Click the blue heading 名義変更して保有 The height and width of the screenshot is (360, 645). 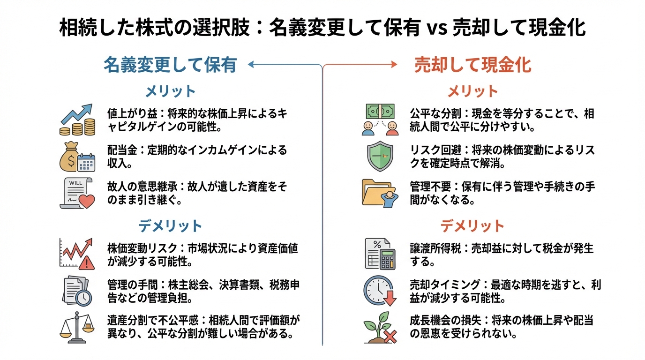[x=170, y=65]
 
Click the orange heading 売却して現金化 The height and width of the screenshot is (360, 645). [x=472, y=65]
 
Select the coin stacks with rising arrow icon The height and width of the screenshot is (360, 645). [x=77, y=120]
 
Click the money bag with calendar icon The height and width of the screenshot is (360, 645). [x=77, y=157]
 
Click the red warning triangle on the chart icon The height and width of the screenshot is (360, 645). [x=87, y=263]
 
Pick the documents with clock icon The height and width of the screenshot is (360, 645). [x=77, y=291]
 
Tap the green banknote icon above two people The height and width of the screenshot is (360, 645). [x=380, y=112]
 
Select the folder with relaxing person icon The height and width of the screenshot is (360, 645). [x=380, y=193]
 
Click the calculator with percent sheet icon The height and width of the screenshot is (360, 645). [x=380, y=254]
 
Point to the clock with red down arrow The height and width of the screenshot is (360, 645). [x=379, y=291]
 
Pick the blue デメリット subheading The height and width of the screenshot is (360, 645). [x=170, y=226]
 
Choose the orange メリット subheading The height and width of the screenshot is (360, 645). [x=472, y=91]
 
